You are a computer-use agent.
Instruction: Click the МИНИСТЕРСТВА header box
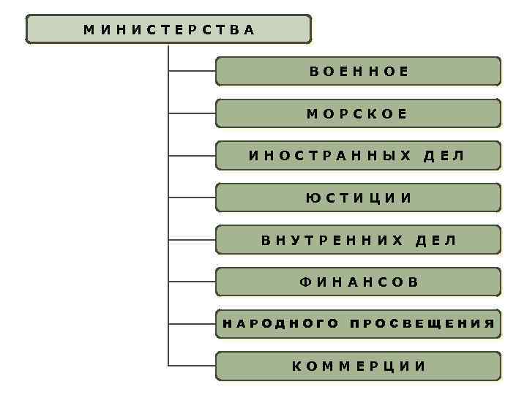click(x=168, y=29)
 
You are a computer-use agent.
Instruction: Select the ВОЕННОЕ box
click(x=358, y=72)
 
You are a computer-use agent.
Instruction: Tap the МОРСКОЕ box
click(x=358, y=113)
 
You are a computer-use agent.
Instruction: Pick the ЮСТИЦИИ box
click(x=358, y=197)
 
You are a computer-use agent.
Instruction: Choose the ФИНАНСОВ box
click(x=358, y=282)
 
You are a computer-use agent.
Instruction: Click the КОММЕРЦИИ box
click(x=358, y=366)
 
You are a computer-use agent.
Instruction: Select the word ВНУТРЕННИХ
click(x=333, y=240)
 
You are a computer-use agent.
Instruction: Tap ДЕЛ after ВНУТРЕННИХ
click(x=436, y=240)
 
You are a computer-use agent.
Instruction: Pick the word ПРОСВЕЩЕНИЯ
click(x=422, y=323)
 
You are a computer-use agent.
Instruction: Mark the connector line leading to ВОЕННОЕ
click(x=192, y=72)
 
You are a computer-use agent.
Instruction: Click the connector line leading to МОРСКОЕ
click(x=192, y=113)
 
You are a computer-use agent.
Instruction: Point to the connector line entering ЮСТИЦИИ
click(x=192, y=197)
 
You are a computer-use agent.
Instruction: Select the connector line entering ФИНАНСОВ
click(x=192, y=282)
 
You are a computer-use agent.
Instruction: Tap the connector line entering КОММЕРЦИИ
click(x=192, y=365)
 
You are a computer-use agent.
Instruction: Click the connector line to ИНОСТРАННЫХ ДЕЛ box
click(x=192, y=156)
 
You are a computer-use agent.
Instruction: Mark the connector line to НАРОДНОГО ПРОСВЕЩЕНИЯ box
click(x=192, y=323)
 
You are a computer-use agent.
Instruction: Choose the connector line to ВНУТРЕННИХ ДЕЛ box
click(x=192, y=240)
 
